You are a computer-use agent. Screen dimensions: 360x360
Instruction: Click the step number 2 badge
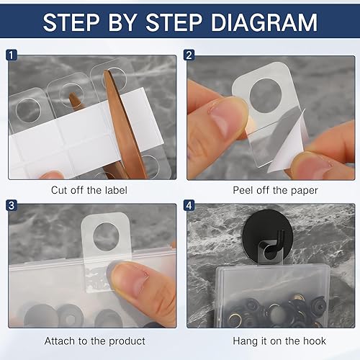189,55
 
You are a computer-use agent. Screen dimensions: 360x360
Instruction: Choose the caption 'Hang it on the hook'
269,341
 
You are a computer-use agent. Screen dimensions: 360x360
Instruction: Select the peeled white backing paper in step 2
288,140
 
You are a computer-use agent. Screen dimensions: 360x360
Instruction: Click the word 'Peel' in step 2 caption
243,190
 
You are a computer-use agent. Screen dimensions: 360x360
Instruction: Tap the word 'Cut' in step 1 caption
60,190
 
